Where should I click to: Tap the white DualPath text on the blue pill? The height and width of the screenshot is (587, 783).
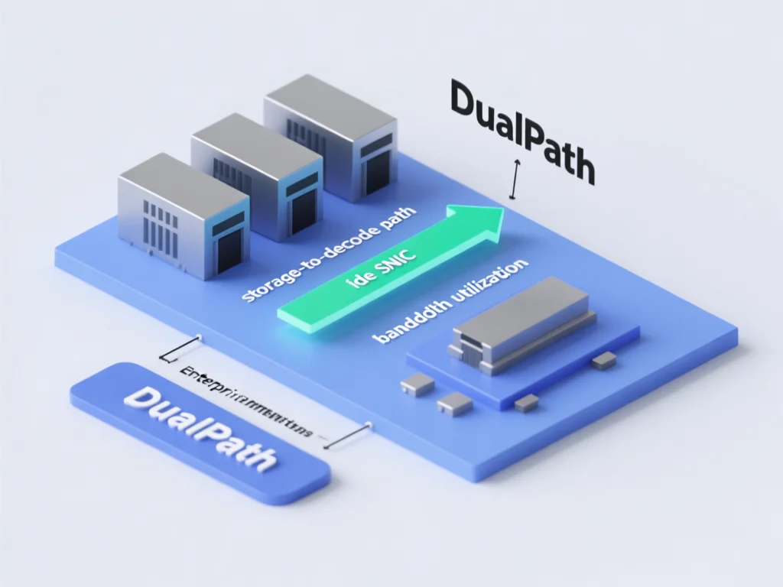(199, 427)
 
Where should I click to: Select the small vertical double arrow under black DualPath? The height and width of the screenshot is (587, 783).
(515, 179)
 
